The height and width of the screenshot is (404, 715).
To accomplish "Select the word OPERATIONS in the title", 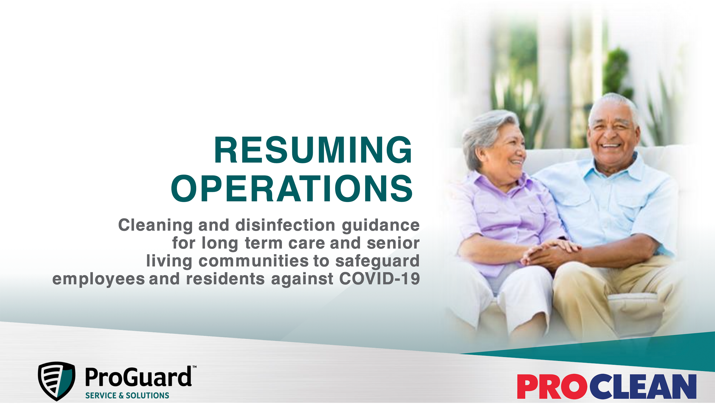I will point(292,189).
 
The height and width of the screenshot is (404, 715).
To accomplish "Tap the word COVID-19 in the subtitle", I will point(379,279).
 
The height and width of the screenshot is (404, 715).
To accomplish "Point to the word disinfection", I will point(285,225).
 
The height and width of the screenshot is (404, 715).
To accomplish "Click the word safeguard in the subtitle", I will point(377,261).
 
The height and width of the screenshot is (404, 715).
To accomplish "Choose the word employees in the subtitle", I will point(99,279).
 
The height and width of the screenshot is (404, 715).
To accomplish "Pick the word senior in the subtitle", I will point(393,243).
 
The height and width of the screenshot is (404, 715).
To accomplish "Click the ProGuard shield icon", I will point(57,380).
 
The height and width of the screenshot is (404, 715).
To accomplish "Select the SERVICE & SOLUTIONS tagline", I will point(127,396).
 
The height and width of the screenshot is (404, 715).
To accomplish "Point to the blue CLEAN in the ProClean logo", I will point(643,387).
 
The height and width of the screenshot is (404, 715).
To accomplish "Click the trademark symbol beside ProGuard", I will point(194,367).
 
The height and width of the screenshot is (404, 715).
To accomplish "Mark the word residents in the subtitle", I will point(225,279).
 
